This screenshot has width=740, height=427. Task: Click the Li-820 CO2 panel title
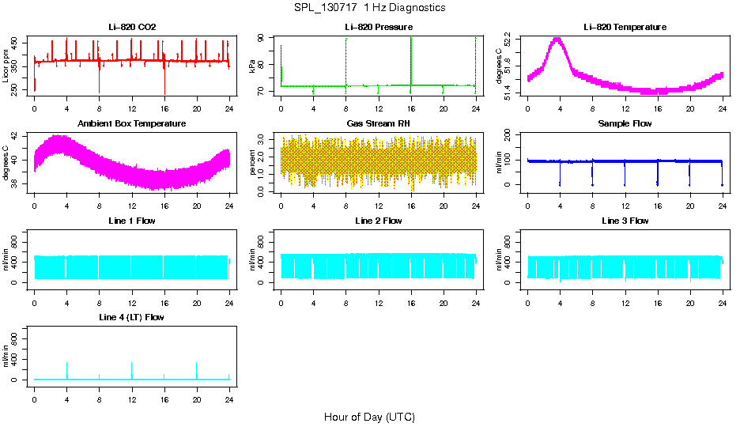[x=132, y=28]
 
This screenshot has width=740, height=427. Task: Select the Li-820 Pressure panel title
[x=378, y=28]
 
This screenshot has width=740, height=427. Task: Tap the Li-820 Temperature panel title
[x=625, y=28]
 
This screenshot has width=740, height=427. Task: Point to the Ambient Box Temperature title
[x=132, y=124]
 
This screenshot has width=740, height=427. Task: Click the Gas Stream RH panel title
[x=378, y=124]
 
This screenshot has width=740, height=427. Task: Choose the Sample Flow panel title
[x=625, y=124]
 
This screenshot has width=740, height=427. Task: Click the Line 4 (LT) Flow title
[x=132, y=317]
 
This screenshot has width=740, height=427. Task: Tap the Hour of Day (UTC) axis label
[x=369, y=417]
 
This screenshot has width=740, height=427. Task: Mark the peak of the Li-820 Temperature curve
[x=557, y=39]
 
